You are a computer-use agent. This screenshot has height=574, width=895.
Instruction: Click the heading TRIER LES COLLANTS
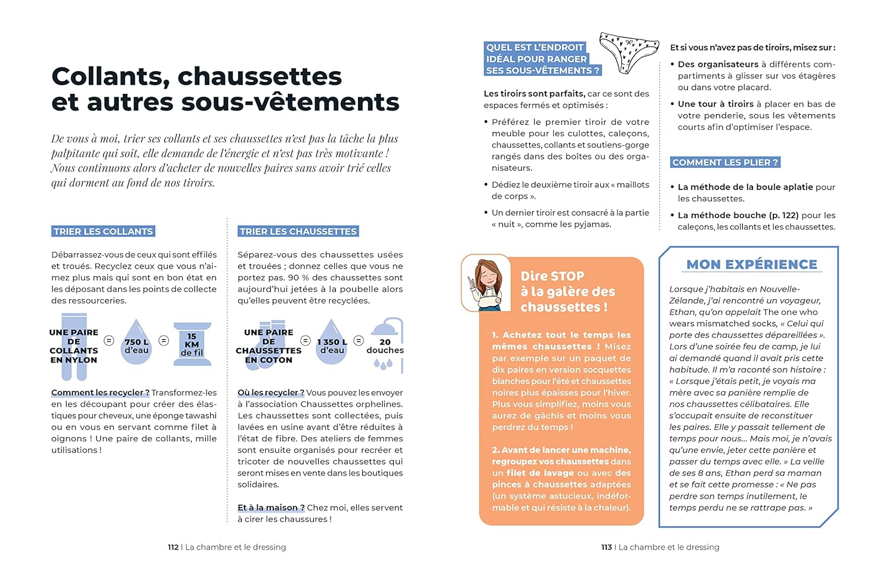[x=103, y=232]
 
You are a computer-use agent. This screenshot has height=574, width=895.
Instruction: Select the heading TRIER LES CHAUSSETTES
[x=298, y=232]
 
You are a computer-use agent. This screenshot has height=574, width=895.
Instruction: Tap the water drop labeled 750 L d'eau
[x=136, y=343]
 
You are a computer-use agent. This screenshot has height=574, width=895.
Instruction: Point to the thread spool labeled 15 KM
[x=192, y=344]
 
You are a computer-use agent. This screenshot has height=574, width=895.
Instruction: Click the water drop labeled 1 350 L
[x=332, y=343]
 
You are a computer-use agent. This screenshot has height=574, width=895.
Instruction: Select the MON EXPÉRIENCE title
[x=752, y=265]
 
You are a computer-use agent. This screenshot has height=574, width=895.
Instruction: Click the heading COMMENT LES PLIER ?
[x=725, y=162]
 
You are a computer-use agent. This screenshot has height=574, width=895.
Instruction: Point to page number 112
[x=173, y=547]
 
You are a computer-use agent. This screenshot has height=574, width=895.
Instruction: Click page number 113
[x=606, y=547]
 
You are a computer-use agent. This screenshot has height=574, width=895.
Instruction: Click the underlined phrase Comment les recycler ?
[x=100, y=393]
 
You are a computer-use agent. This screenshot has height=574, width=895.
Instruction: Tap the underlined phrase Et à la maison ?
[x=271, y=508]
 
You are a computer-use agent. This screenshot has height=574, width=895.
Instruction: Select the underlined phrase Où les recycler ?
[x=271, y=393]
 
